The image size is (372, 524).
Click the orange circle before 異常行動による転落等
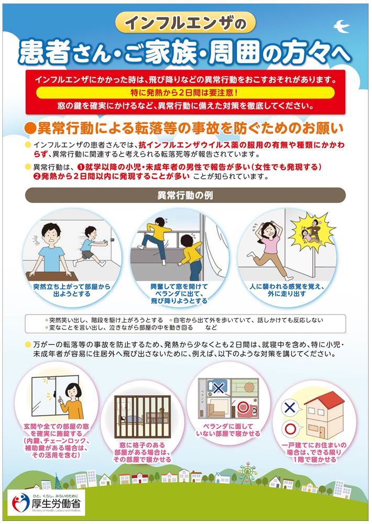[30, 127]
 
